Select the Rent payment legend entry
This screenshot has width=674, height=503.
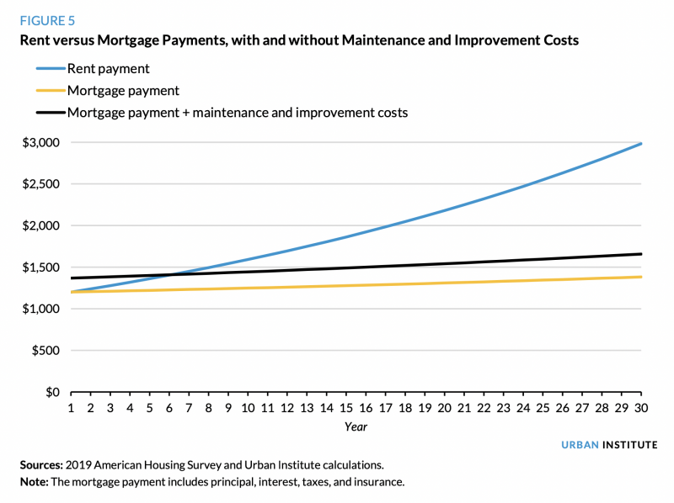[x=109, y=68]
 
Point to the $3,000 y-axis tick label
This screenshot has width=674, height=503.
[x=41, y=143]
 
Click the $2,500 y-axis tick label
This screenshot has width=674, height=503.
[x=41, y=184]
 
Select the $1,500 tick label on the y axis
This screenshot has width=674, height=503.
[x=41, y=267]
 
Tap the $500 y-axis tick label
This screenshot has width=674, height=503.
[x=45, y=351]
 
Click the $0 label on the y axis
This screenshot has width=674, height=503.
[x=51, y=393]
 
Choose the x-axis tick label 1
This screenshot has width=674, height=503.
[x=71, y=409]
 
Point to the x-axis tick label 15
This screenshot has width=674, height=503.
[x=346, y=409]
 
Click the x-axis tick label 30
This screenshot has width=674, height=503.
[x=641, y=409]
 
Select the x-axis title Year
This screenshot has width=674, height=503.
[x=356, y=426]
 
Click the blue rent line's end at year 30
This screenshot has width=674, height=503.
[x=641, y=144]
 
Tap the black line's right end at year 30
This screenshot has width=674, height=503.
[x=641, y=254]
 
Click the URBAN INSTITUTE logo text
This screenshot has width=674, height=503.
[x=609, y=445]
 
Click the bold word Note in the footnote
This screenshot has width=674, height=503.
[x=36, y=482]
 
